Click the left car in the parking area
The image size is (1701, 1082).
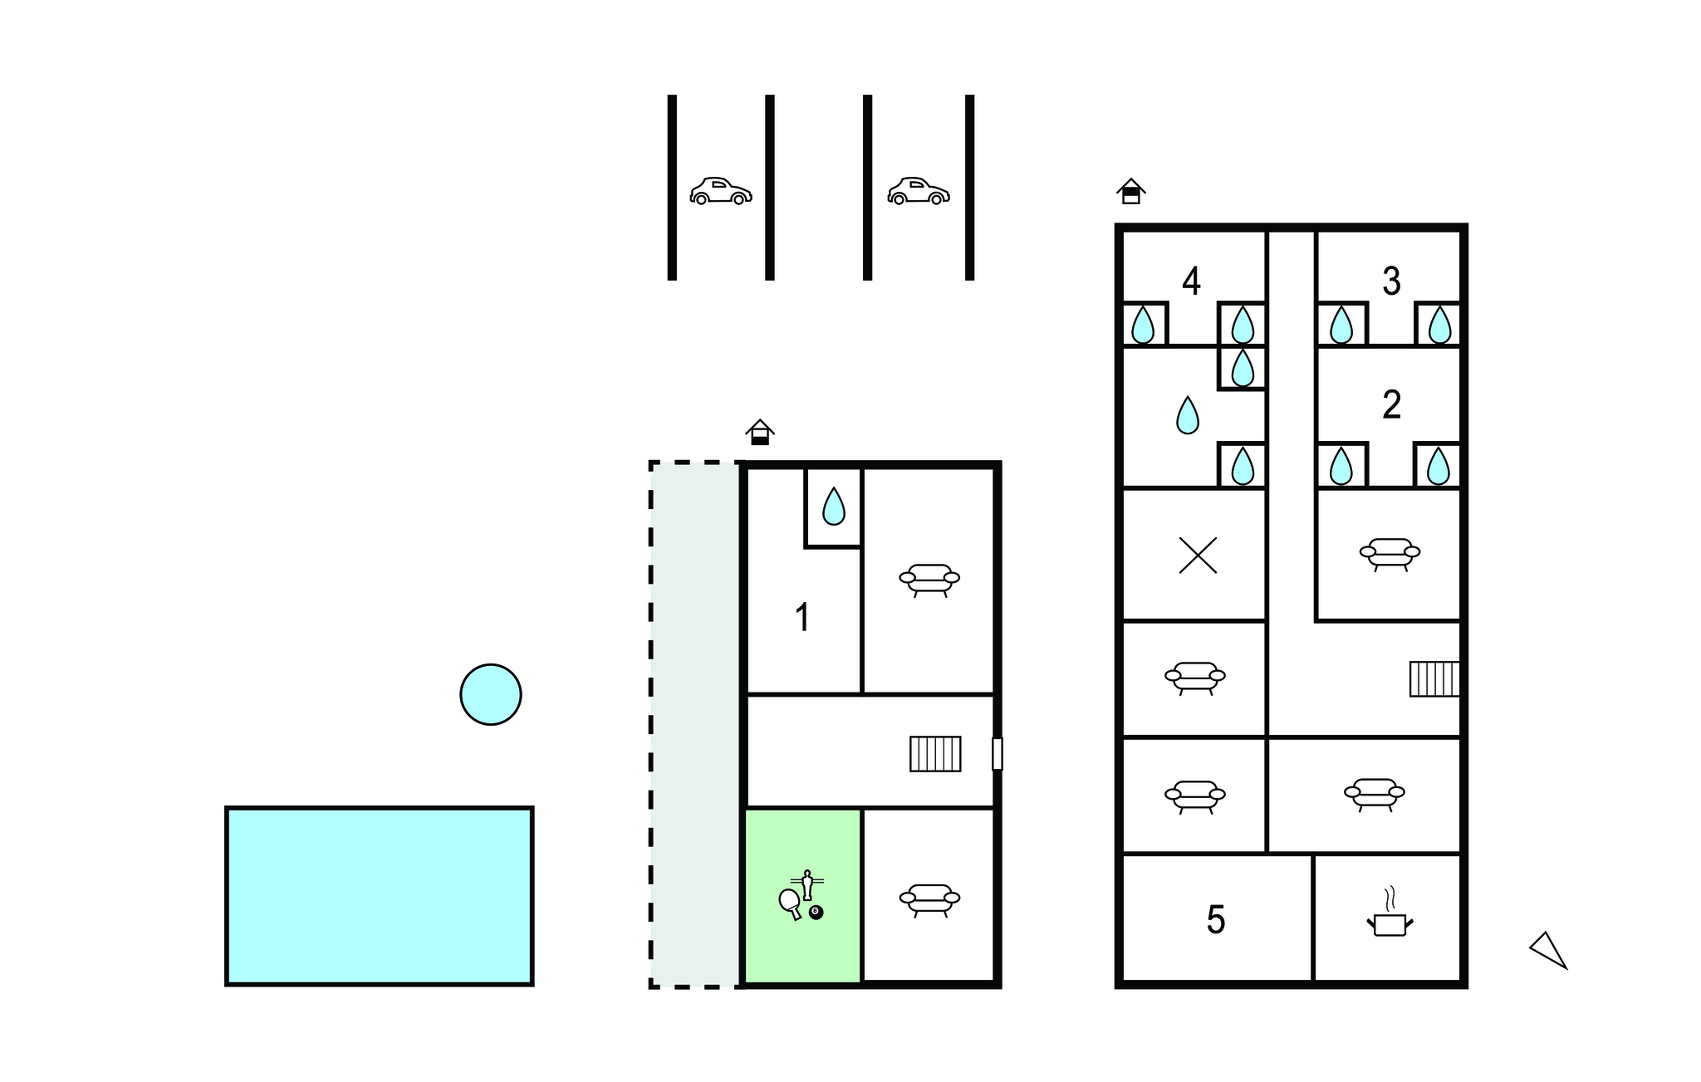(x=720, y=192)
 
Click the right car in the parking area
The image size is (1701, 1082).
(x=918, y=192)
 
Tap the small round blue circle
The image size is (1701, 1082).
(x=491, y=694)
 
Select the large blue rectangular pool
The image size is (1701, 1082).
(x=380, y=896)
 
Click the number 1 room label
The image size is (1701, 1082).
(x=802, y=618)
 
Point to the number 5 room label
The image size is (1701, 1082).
(x=1215, y=920)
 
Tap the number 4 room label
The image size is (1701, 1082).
(x=1191, y=282)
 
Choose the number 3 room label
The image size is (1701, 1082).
(x=1391, y=282)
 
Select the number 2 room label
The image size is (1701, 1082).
(x=1391, y=405)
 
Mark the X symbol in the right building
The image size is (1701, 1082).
(x=1198, y=556)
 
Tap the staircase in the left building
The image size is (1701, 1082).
(x=935, y=754)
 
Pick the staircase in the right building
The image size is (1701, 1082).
(x=1434, y=678)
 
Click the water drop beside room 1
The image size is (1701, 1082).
(x=833, y=507)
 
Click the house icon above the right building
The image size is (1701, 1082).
(x=1130, y=192)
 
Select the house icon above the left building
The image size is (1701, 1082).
(x=759, y=433)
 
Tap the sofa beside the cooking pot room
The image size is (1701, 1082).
(x=1374, y=794)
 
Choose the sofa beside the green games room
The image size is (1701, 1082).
(x=929, y=899)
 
